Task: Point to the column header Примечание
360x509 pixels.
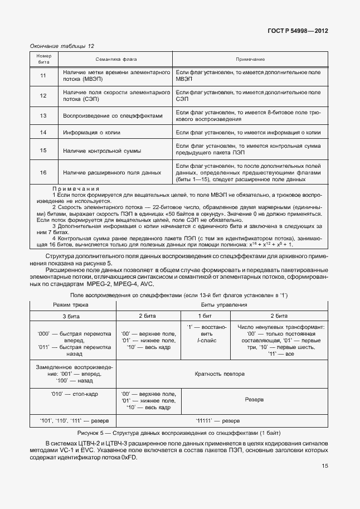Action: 250,59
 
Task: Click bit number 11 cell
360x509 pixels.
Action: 43,76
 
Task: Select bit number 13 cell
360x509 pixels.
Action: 43,115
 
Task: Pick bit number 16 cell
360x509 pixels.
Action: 43,172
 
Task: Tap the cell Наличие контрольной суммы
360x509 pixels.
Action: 101,151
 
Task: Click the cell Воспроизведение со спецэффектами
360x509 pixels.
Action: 113,115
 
